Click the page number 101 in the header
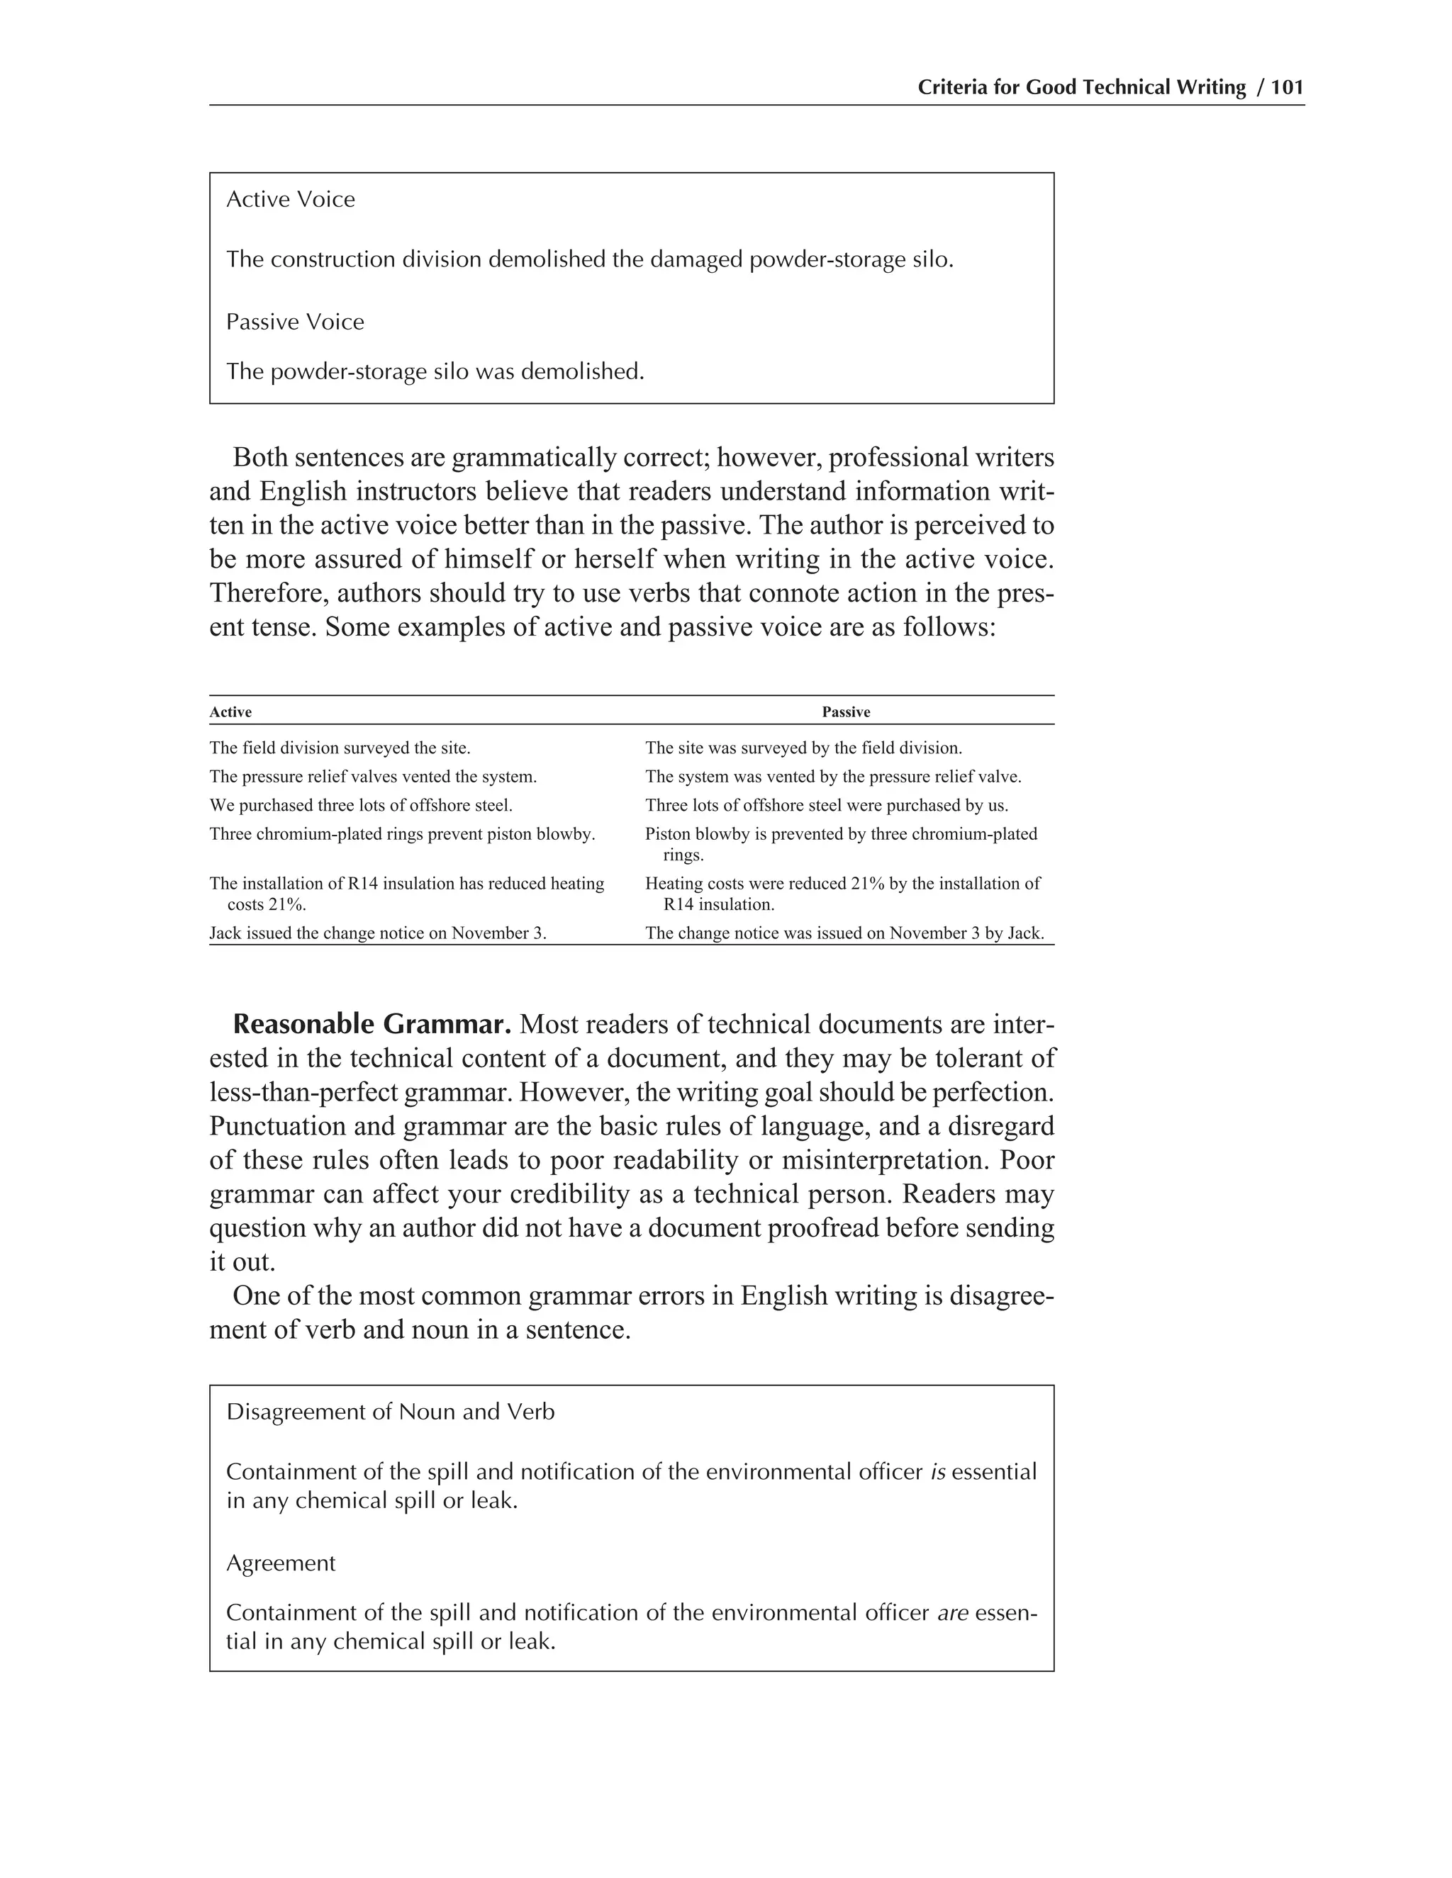1287,87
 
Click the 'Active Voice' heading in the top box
290,200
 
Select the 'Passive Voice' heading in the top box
295,322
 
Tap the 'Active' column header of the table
230,712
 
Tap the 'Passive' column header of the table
846,712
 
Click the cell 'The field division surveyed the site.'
340,748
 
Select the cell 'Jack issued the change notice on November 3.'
378,933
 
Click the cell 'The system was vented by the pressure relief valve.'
832,777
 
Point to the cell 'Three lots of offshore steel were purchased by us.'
826,806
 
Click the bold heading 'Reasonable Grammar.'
372,1024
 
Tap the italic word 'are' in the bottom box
952,1612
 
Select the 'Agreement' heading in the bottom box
281,1563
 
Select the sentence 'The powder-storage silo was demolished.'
435,371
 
